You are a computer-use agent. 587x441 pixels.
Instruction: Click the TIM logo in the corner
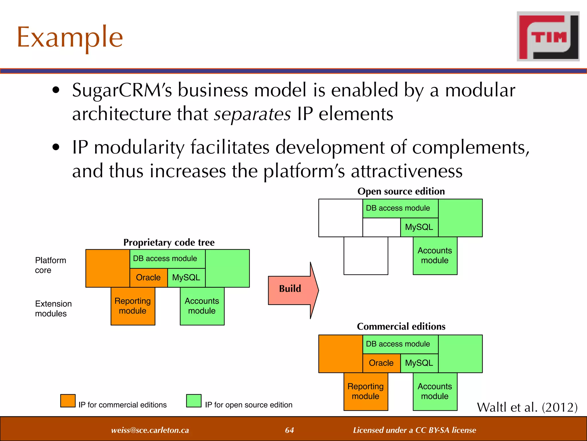click(548, 36)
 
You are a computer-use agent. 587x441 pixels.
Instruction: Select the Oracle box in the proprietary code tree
click(148, 278)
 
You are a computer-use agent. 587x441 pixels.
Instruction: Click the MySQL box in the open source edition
click(419, 227)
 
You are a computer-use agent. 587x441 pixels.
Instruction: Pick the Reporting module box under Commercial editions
click(365, 391)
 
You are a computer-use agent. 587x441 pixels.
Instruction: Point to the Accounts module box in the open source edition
click(435, 256)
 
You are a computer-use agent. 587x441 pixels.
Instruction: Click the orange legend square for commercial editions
click(68, 401)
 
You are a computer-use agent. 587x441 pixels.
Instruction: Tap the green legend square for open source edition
click(193, 401)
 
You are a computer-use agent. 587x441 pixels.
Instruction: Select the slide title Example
click(70, 37)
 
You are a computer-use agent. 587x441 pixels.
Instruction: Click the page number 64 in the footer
click(289, 430)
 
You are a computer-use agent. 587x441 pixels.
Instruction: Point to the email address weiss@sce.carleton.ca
click(150, 430)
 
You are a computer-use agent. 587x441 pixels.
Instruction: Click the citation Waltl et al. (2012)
click(527, 407)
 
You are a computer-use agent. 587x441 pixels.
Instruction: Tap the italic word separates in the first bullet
click(252, 114)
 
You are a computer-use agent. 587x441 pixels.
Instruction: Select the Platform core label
click(50, 265)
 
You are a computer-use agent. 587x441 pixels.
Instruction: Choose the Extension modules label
click(53, 308)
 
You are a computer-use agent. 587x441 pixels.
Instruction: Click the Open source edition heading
click(401, 191)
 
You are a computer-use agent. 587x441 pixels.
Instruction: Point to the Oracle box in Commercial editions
click(381, 363)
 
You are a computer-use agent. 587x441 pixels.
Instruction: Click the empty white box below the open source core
click(365, 256)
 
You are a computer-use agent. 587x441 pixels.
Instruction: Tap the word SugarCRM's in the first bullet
click(122, 90)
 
